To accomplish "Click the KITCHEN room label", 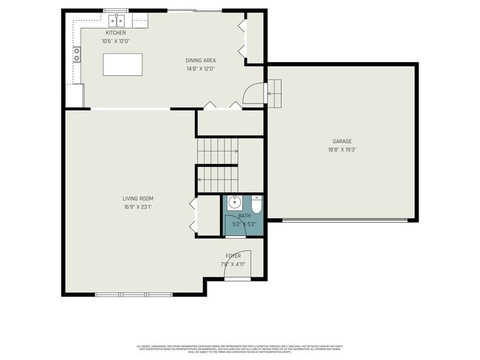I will click(x=116, y=33).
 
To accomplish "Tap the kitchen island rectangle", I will click(x=123, y=65).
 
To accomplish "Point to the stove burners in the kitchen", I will click(x=76, y=54).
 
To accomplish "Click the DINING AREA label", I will click(x=199, y=60).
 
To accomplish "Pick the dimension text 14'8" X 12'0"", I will click(x=199, y=69).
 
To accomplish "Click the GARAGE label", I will click(x=341, y=141).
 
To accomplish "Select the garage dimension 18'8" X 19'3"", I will click(x=341, y=149).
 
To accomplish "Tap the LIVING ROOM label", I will click(x=138, y=198).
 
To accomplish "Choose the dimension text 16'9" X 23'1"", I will click(x=138, y=207).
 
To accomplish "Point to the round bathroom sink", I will click(x=233, y=201).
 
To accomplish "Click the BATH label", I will click(x=244, y=215).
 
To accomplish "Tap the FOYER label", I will click(x=233, y=255).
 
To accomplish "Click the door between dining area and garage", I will click(x=253, y=94).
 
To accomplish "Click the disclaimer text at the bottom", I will click(x=239, y=348).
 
